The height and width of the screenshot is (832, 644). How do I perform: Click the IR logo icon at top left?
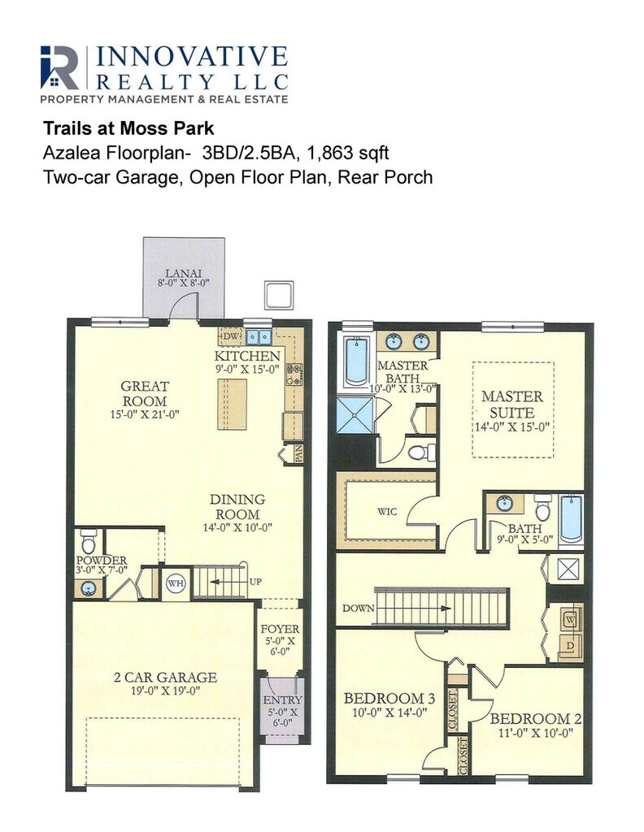(x=59, y=67)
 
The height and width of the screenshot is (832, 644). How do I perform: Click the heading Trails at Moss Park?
(x=128, y=128)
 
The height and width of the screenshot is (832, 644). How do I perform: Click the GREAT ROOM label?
(x=145, y=393)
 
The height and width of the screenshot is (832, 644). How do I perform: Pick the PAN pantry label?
(x=298, y=455)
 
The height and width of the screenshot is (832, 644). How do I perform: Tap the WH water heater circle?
(x=176, y=583)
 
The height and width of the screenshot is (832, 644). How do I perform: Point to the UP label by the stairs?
(x=255, y=582)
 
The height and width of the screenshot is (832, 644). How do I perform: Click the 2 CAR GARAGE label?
(x=166, y=677)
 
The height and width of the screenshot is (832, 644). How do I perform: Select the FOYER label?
(x=280, y=629)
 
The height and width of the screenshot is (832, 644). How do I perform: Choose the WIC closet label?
(x=387, y=512)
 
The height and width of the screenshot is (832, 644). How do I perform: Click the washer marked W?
(x=571, y=618)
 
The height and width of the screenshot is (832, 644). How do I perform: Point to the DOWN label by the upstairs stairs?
(x=359, y=608)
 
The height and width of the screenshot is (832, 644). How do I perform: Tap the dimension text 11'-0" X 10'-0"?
(x=536, y=734)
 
